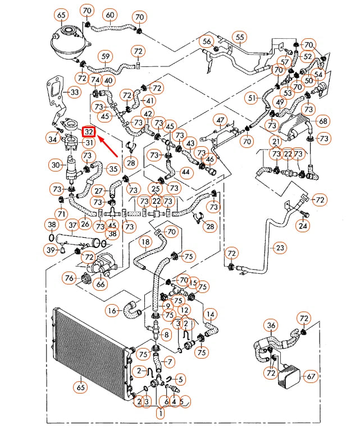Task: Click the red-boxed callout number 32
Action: click(89, 132)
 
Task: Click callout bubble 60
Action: click(110, 15)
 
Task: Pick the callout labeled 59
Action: click(104, 56)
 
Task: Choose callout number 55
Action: click(240, 38)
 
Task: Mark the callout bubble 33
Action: click(74, 92)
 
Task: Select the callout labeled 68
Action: click(322, 121)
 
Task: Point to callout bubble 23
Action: click(280, 247)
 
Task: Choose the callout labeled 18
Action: click(145, 242)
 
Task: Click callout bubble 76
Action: click(70, 278)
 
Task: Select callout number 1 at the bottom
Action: click(160, 415)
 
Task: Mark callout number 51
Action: click(252, 97)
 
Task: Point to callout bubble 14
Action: click(210, 314)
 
